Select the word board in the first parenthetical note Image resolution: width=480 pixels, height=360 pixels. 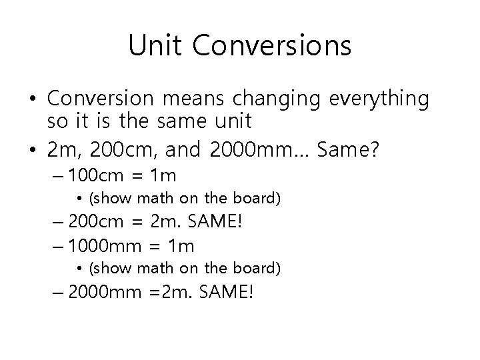click(x=260, y=198)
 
